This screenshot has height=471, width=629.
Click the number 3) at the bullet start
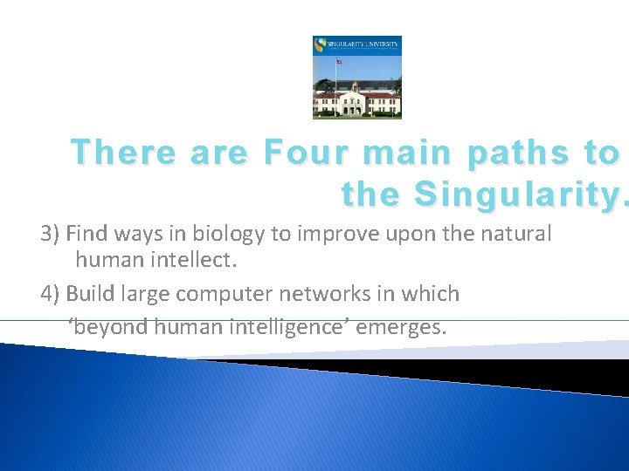tap(52, 234)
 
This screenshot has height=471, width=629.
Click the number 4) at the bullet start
tap(52, 294)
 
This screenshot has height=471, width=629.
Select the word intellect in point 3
tap(197, 261)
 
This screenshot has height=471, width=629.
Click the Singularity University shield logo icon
tap(320, 45)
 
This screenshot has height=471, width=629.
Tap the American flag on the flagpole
tap(338, 61)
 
